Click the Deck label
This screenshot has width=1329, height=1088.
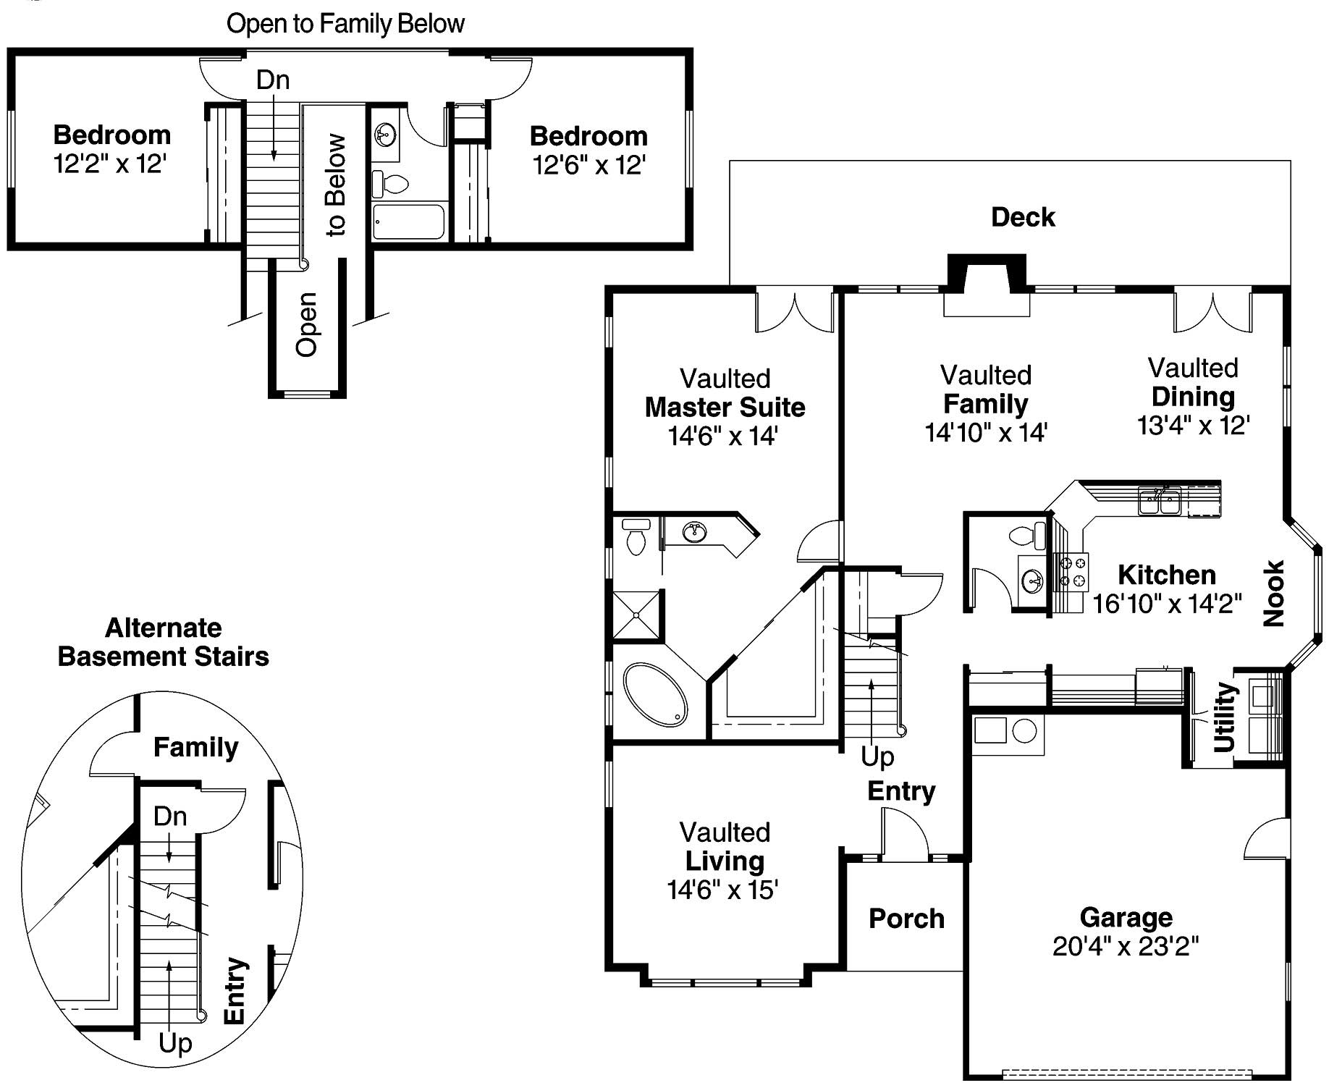[1022, 217]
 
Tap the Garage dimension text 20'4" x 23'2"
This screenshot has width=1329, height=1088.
[1125, 946]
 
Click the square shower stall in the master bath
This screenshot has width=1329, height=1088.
[636, 615]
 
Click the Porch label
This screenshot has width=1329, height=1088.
[906, 919]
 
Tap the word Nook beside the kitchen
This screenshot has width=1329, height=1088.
[1273, 593]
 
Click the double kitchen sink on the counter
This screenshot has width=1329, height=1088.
[1160, 501]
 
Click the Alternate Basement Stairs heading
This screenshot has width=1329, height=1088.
[164, 642]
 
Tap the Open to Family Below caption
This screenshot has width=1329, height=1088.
[345, 24]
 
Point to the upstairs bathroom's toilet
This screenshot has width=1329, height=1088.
[391, 183]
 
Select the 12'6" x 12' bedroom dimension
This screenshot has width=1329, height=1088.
[588, 166]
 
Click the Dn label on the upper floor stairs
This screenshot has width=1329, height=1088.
[273, 80]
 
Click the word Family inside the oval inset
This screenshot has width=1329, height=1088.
[195, 747]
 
